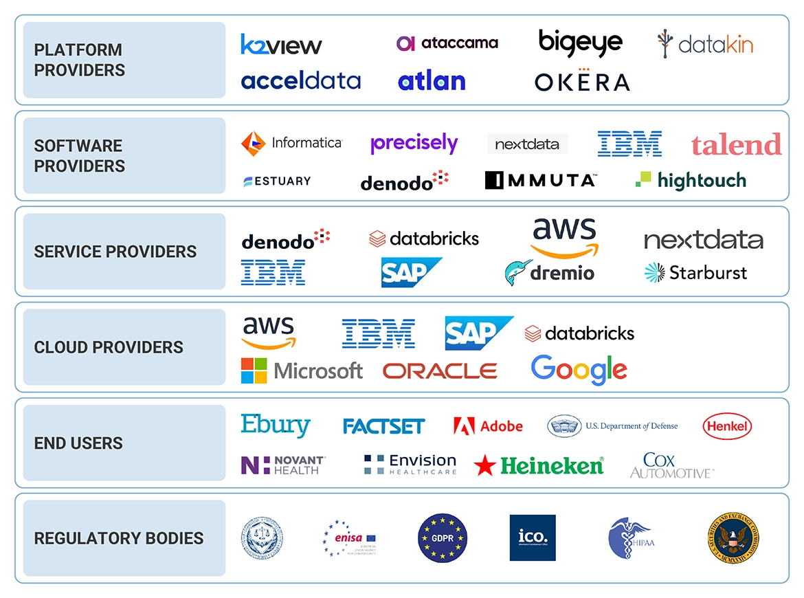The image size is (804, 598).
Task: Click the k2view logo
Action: coord(281,45)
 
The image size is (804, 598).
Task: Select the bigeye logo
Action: coord(581,43)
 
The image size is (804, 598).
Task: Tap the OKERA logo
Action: coord(582,82)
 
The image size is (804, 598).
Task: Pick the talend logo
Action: coord(736,144)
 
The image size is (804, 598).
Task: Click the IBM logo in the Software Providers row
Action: coord(629,144)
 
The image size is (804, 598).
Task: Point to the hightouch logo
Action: coord(691,180)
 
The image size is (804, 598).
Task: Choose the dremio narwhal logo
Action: coord(517,273)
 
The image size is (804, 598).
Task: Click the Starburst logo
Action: coord(695,272)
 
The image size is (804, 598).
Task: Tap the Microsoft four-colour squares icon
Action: coord(254,370)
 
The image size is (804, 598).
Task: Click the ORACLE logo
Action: coord(440,371)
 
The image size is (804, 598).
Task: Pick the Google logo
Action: coord(579,370)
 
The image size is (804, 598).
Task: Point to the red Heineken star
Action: coord(484,466)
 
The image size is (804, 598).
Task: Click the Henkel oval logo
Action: coord(727,426)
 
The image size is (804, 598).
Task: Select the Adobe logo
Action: coord(488,426)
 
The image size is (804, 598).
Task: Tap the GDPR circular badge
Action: coord(443,538)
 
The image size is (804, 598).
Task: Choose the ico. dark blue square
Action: coord(533,538)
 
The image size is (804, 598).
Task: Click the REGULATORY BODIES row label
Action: coord(119,538)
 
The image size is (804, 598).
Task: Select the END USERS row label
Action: coord(78,443)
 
